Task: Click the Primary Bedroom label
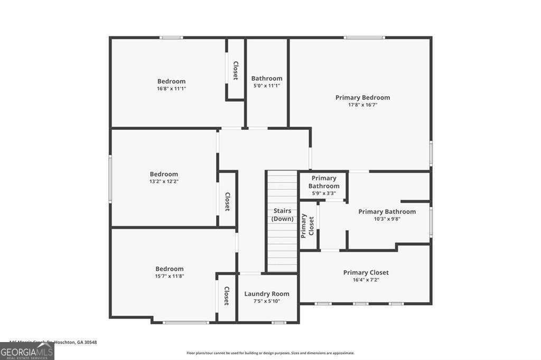(362, 98)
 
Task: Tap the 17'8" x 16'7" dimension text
(362, 105)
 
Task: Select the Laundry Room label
(267, 294)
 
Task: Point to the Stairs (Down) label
(282, 215)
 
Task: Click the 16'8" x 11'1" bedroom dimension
(172, 89)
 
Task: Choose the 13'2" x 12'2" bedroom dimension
(164, 182)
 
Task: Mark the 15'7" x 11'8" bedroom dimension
(170, 276)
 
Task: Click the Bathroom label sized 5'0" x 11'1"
(267, 79)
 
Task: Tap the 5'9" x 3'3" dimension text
(323, 193)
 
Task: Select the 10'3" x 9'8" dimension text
(387, 219)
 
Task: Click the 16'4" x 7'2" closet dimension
(366, 280)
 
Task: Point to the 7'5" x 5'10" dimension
(267, 301)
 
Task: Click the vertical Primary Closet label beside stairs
(307, 225)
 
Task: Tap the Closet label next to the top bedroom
(236, 70)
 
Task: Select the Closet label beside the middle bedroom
(227, 201)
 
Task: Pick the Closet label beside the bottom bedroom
(227, 296)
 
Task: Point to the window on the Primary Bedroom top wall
(363, 37)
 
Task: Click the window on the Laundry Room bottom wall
(278, 322)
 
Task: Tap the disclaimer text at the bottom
(270, 353)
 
